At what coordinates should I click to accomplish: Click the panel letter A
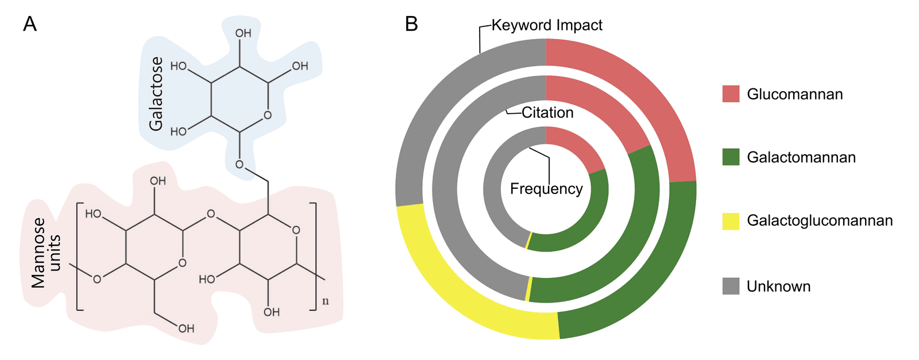coord(30,25)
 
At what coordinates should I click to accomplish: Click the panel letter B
coord(411,25)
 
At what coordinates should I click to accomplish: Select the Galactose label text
coord(156,94)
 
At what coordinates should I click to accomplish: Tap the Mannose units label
coord(46,253)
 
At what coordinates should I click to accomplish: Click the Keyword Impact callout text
coord(547,25)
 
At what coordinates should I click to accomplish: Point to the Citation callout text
coord(547,113)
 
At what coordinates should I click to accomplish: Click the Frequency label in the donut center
coord(546,189)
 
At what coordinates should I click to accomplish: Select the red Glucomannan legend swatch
coord(731,94)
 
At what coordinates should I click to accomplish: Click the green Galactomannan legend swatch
coord(731,157)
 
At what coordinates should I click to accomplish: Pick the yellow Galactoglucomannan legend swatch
coord(731,221)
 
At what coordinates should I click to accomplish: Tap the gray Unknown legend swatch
coord(731,286)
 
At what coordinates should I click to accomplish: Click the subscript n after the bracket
coord(326,301)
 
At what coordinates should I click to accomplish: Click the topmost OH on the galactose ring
coord(243,33)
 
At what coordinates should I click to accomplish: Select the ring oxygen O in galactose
coord(268,115)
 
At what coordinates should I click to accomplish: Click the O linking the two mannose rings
coord(211,214)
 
